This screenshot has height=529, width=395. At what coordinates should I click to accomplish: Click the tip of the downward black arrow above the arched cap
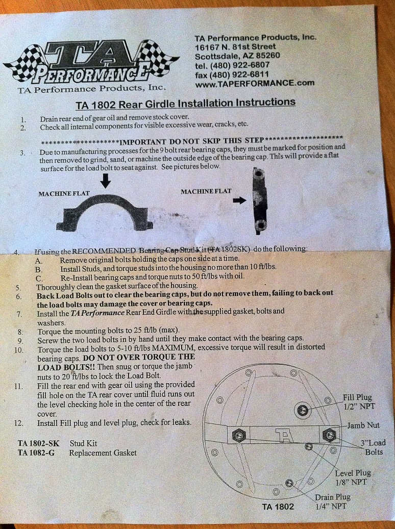click(x=106, y=188)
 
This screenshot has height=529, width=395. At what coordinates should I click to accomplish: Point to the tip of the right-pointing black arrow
click(x=246, y=200)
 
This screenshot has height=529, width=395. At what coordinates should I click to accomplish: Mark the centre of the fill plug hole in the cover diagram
click(x=303, y=411)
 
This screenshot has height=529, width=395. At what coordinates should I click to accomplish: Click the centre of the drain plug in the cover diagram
click(x=289, y=484)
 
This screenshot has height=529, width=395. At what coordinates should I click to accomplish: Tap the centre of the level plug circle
click(x=308, y=447)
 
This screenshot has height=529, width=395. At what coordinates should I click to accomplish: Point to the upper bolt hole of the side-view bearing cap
click(x=259, y=175)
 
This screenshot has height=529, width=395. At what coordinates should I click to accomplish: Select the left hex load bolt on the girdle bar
click(x=239, y=436)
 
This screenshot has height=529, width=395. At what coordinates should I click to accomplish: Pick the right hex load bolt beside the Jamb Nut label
click(x=329, y=435)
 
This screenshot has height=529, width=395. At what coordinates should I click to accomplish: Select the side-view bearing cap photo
click(x=259, y=201)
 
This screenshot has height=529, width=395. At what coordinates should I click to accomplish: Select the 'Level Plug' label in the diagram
click(x=353, y=473)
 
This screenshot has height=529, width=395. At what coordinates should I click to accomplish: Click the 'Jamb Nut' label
click(x=363, y=425)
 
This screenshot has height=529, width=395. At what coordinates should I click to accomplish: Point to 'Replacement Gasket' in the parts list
click(x=103, y=453)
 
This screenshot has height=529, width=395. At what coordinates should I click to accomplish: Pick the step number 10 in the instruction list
click(x=19, y=350)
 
